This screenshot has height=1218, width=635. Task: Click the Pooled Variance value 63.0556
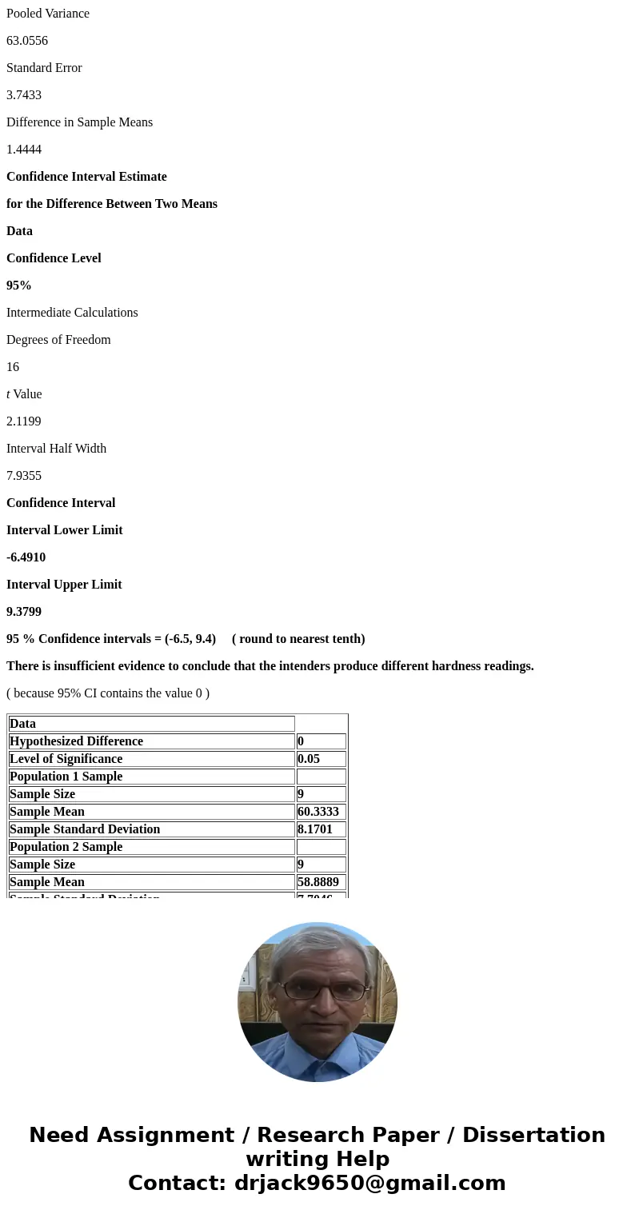[27, 41]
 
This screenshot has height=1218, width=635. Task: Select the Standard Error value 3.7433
[24, 95]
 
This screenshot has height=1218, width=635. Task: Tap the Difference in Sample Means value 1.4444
[24, 150]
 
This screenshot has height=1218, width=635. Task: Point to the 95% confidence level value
[19, 286]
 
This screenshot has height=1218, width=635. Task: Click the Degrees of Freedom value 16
[13, 367]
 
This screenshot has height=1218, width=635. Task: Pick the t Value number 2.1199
[24, 421]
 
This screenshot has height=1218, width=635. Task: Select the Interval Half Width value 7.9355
[24, 476]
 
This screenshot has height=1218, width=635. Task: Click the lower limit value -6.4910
[26, 557]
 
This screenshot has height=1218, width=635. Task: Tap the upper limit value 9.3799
[24, 612]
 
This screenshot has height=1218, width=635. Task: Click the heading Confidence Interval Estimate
[86, 177]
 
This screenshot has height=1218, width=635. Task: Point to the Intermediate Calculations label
[72, 313]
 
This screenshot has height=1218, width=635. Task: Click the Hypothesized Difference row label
[77, 741]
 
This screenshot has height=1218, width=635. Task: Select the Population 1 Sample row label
[66, 777]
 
